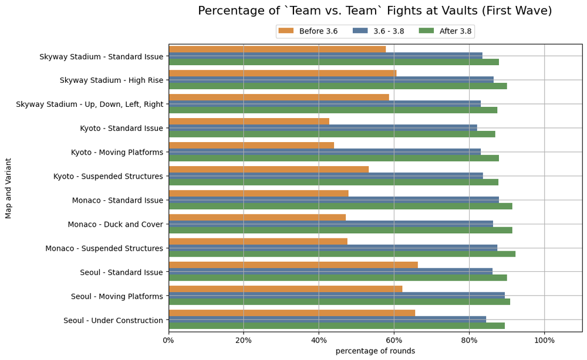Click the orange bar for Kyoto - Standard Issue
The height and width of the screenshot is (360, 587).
coord(249,122)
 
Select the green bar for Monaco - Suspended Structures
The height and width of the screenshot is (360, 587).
coord(342,254)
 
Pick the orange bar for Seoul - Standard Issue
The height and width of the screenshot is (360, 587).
coord(293,265)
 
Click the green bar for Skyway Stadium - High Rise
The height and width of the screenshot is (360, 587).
coord(338,86)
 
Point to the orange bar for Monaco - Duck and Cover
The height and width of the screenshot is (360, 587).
coord(257,217)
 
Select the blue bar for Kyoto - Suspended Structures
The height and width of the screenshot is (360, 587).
coord(326,176)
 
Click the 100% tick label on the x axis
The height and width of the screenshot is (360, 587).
coord(544,340)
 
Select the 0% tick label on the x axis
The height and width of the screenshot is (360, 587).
coord(168,340)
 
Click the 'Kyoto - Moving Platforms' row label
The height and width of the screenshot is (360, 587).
coord(117,152)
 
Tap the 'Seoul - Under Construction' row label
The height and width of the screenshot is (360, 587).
coord(113,320)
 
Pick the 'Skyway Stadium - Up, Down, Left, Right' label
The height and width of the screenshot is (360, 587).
coord(89,104)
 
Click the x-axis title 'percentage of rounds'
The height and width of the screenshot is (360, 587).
coord(375,351)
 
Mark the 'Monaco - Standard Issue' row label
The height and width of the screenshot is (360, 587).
coord(117,200)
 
